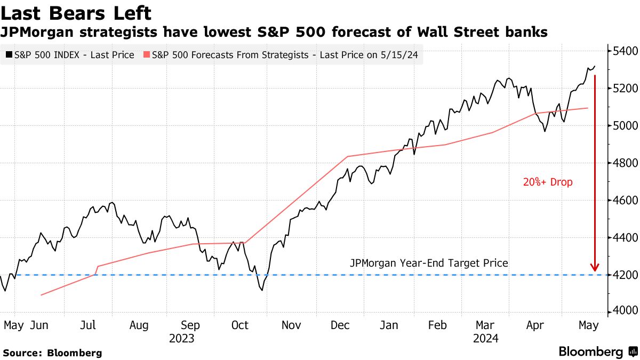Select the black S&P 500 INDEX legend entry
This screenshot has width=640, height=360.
(70, 55)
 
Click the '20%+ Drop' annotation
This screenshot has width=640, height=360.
(548, 182)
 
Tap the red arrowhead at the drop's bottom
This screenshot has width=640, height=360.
(594, 268)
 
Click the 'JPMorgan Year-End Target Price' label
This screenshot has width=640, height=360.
(429, 263)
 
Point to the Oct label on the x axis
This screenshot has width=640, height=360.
(240, 325)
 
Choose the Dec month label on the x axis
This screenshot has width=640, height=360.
(339, 325)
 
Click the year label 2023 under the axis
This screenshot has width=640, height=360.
(181, 339)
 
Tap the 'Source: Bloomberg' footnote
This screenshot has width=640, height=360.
(52, 353)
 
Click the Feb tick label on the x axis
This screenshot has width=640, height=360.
(437, 325)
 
